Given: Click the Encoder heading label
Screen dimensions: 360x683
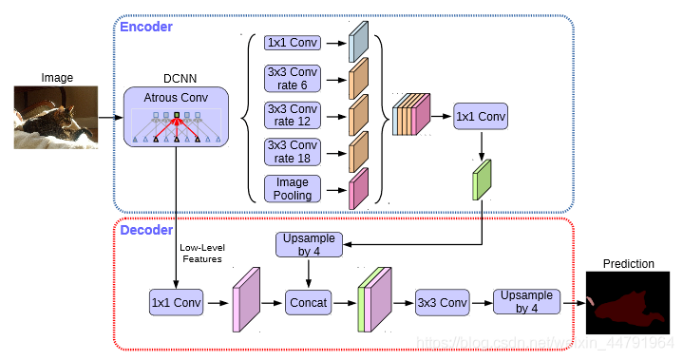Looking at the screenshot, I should [x=145, y=27].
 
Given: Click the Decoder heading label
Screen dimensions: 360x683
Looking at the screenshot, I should [x=145, y=230].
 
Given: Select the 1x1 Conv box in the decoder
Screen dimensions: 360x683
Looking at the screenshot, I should [x=177, y=303].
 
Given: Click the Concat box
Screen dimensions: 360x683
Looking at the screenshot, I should [x=309, y=303].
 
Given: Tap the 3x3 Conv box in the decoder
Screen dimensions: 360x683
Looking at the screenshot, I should [x=442, y=303].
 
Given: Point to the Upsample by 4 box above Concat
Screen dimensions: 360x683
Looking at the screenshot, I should [x=309, y=245].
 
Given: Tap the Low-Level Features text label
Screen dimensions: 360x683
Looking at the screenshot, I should [x=200, y=253].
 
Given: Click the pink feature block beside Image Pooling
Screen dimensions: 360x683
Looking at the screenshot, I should [x=358, y=188].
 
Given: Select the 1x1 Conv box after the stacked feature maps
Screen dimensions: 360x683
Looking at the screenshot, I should [x=481, y=116].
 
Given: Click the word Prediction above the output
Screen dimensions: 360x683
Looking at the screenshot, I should [x=628, y=263].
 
